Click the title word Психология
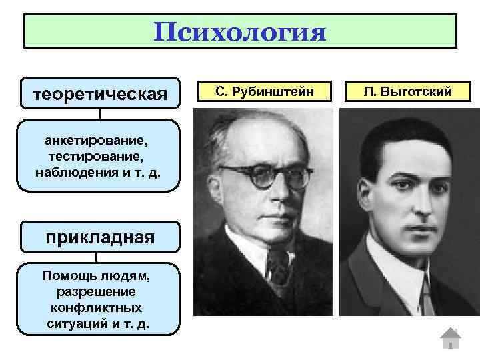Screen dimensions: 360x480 pyautogui.click(x=240, y=31)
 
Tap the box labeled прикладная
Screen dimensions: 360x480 pyautogui.click(x=100, y=237)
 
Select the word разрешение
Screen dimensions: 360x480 pyautogui.click(x=97, y=292)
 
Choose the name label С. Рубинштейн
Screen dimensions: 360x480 pyautogui.click(x=264, y=91)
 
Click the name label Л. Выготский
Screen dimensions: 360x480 pyautogui.click(x=408, y=91)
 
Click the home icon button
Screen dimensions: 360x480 pyautogui.click(x=451, y=338)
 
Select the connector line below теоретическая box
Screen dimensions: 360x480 pyautogui.click(x=100, y=114)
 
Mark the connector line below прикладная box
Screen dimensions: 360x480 pyautogui.click(x=97, y=257)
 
